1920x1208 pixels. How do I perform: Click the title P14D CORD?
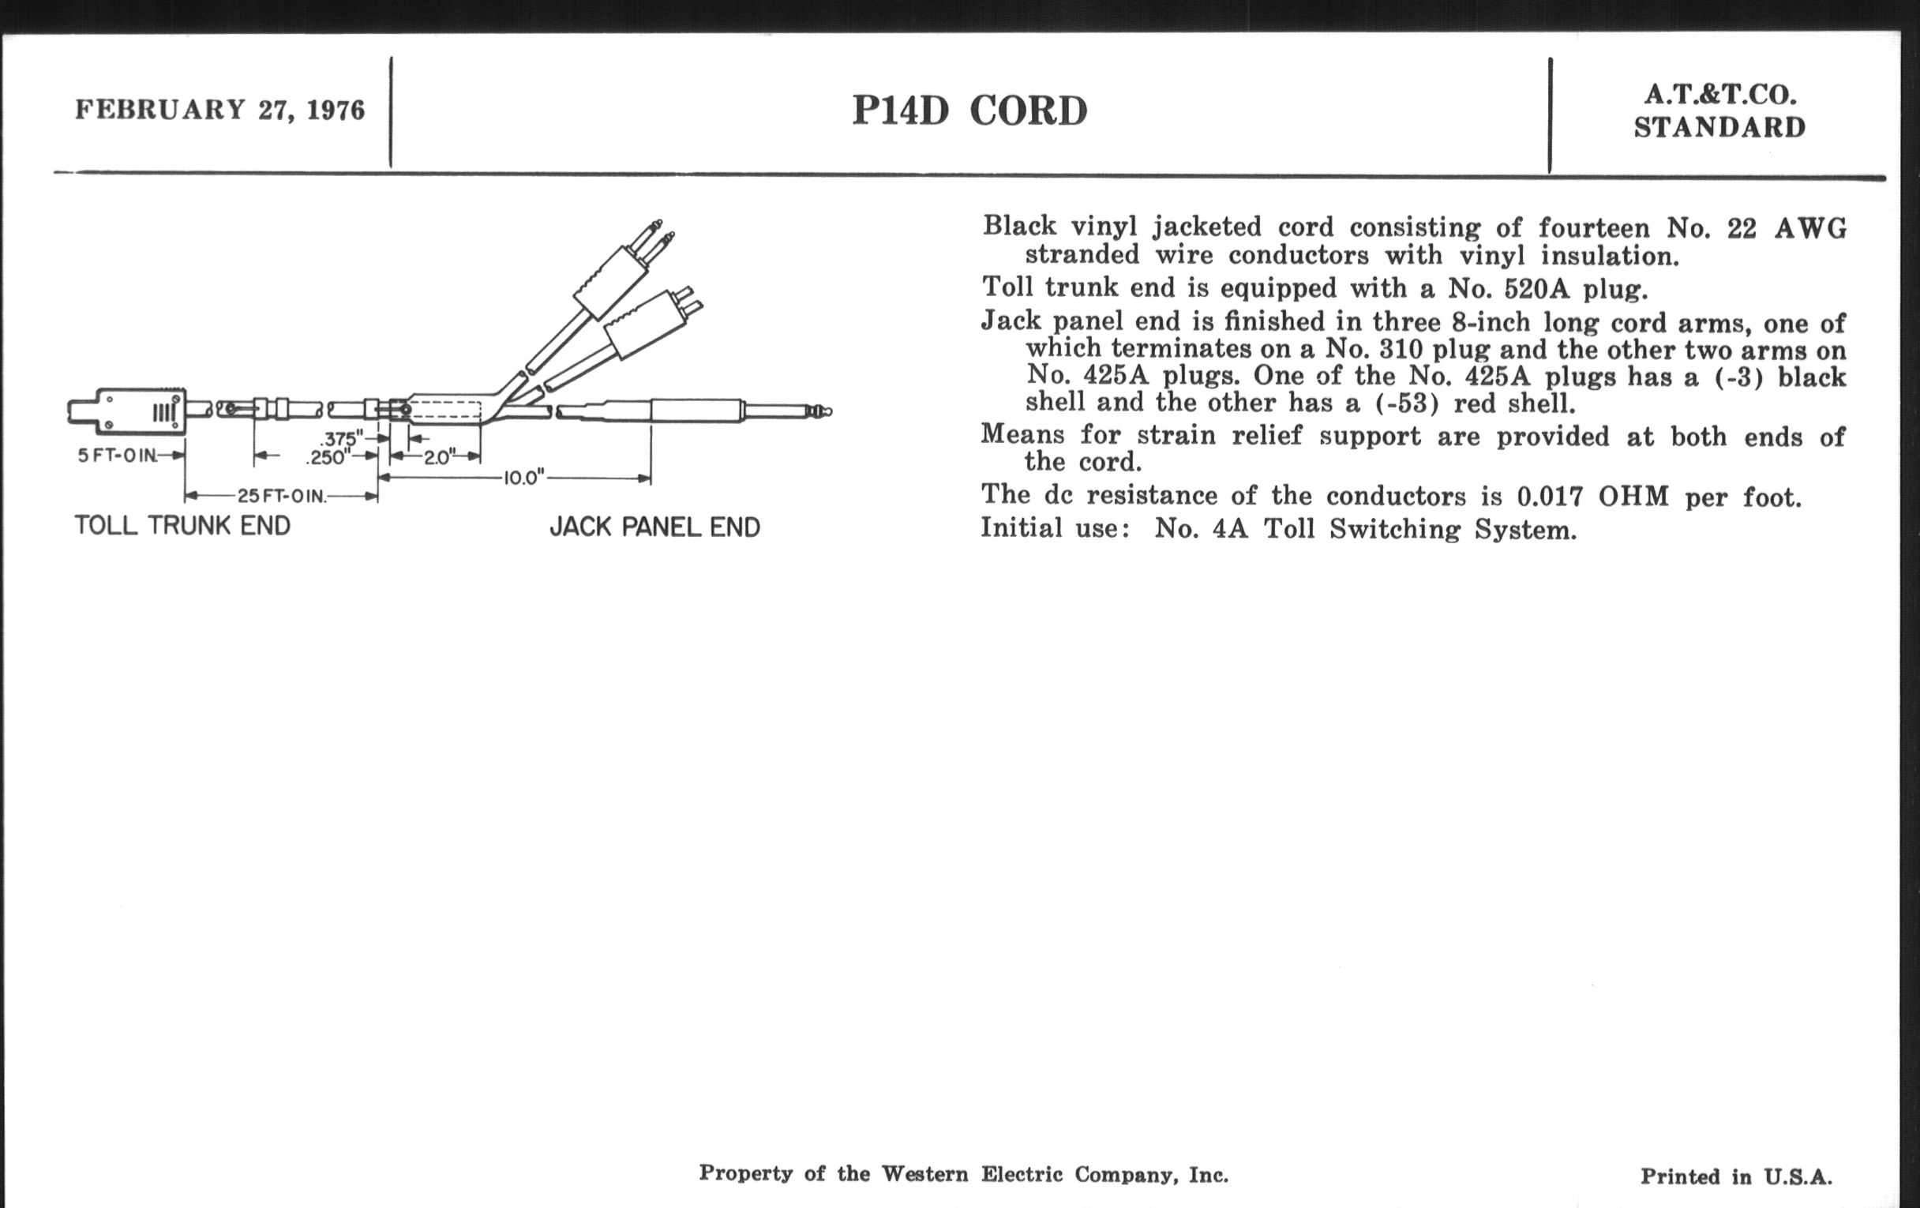point(969,111)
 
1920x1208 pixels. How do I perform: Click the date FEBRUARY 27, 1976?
point(220,110)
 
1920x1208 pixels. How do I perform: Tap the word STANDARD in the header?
point(1719,129)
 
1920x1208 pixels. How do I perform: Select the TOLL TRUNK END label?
point(182,527)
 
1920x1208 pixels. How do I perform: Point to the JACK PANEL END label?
point(654,527)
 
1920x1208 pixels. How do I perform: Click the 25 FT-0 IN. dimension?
point(282,497)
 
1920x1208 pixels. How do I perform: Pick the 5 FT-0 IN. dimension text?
point(117,456)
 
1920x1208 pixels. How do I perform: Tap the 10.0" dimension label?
point(523,478)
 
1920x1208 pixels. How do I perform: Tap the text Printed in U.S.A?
point(1736,1177)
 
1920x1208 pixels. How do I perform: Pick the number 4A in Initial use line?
point(1229,530)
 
